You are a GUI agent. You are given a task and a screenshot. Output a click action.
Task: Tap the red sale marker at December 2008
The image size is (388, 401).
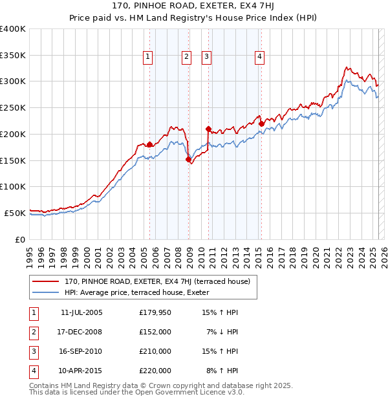188,159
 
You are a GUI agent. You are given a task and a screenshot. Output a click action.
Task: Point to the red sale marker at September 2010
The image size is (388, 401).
208,129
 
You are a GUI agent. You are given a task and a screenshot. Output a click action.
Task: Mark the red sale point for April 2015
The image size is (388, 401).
261,124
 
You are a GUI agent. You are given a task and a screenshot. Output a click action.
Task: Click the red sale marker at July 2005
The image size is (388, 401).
149,144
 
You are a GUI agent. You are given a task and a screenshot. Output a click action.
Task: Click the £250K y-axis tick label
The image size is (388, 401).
13,107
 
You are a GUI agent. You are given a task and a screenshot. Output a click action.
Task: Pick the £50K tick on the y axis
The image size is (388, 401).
16,213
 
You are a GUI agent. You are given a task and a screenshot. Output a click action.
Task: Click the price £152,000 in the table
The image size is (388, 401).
155,332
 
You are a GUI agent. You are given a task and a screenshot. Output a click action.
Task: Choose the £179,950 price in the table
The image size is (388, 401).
155,312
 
